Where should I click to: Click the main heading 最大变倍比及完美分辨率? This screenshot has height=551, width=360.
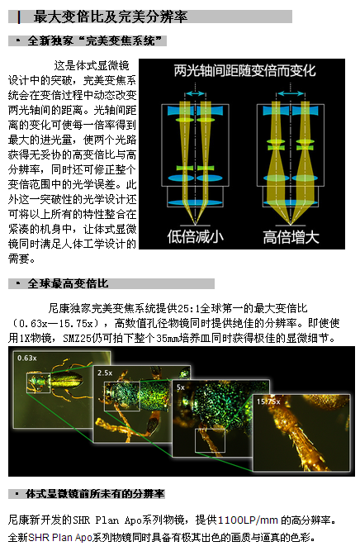coord(111,17)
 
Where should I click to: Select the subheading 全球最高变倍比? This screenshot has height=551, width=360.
coord(69,283)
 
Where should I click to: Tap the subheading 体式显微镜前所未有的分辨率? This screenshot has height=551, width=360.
coord(95,494)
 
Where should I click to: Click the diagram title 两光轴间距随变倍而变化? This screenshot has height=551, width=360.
coord(244,71)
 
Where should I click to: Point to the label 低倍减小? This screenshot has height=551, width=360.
coord(196,236)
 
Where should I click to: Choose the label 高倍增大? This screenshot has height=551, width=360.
coord(291,237)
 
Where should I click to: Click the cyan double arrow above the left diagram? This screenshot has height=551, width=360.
coord(195,93)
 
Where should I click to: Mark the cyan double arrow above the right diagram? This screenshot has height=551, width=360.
coord(290,93)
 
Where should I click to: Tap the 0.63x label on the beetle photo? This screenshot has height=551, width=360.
coord(27,358)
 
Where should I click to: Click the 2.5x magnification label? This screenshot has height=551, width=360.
coord(105,373)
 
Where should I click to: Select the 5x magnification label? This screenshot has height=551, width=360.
coord(181,387)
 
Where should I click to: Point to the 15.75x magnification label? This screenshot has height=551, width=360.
coord(268,401)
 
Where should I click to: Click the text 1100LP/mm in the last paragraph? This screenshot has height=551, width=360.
coord(248,520)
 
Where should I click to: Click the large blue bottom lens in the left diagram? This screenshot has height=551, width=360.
coord(195,202)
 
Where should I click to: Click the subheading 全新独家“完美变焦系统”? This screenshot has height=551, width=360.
coord(94,40)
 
